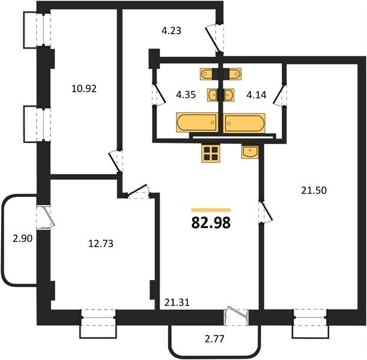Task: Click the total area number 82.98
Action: [211, 223]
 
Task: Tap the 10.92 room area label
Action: [84, 89]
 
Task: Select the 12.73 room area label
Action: [101, 244]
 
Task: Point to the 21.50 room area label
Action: [314, 191]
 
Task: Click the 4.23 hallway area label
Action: [172, 31]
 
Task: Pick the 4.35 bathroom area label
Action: [186, 95]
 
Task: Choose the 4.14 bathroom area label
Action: [256, 95]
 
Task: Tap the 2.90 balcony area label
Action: [22, 239]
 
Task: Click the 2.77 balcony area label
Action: [214, 338]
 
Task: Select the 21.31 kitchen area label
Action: [177, 302]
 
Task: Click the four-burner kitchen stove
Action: [211, 153]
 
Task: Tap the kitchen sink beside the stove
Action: [250, 152]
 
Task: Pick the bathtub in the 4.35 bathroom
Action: [196, 123]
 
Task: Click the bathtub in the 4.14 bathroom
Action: [244, 123]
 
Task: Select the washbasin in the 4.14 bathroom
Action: [229, 95]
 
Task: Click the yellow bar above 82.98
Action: [211, 210]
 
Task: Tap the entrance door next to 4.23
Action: [214, 40]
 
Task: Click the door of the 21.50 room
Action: [265, 211]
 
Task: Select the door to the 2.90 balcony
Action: [46, 217]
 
